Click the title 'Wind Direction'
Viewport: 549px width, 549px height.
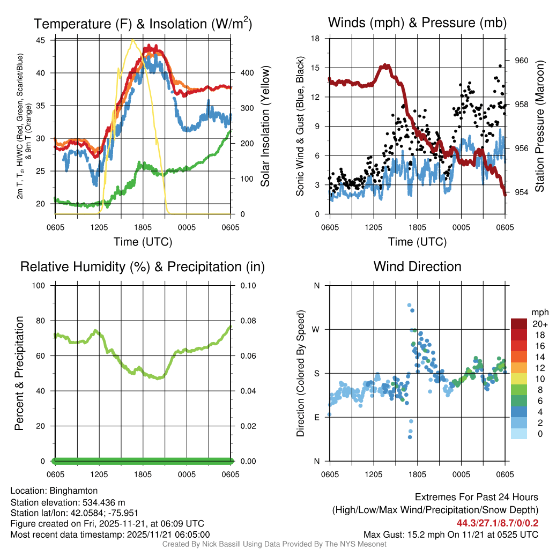coord(417,266)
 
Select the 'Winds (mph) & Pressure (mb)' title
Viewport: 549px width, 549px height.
coord(417,23)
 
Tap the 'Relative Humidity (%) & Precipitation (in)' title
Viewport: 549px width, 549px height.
coord(143,266)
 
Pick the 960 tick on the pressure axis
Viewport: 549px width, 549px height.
coord(522,61)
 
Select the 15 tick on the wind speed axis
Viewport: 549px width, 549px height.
coord(315,68)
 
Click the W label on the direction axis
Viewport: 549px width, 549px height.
coord(316,329)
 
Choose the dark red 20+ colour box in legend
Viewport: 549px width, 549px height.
coord(519,324)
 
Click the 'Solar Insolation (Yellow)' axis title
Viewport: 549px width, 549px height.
coord(265,127)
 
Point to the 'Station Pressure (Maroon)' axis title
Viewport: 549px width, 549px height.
coord(539,127)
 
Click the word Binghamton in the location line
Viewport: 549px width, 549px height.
coord(73,491)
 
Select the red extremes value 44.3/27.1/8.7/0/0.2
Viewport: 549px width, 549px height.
coord(498,523)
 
